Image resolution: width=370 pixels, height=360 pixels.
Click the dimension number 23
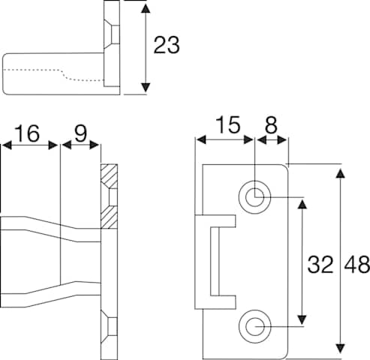(167, 45)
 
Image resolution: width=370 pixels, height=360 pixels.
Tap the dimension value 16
(27, 133)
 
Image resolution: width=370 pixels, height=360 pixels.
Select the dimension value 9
(80, 133)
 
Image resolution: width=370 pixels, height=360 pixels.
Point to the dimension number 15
(227, 124)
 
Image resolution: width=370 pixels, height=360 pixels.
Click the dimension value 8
(271, 124)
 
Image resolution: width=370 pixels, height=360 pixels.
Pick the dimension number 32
(320, 264)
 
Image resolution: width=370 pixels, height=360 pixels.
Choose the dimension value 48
(357, 264)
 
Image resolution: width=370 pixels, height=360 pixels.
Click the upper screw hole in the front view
(254, 197)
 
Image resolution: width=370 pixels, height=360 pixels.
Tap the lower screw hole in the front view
(254, 326)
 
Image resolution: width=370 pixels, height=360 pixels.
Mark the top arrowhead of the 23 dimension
(146, 8)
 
